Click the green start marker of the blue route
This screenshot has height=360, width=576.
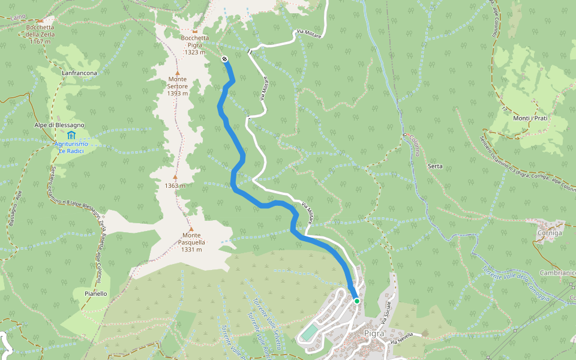point(356,301)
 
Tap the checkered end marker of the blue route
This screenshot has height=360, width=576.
point(224,59)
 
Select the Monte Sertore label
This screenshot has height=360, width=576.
point(178,86)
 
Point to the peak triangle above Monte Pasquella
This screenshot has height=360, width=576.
point(191,229)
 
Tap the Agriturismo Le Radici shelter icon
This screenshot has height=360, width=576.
point(71,134)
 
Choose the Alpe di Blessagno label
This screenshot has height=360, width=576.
point(59,125)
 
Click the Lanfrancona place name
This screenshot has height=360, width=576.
point(79,73)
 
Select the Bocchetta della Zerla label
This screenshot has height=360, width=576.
point(40,34)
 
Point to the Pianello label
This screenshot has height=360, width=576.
point(96,293)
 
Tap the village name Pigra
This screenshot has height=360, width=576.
point(374,333)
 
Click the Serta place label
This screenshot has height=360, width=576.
point(435,166)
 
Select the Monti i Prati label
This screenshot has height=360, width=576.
point(530,118)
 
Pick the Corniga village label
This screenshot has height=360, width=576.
point(551,232)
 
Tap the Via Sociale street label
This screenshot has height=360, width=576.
point(390,311)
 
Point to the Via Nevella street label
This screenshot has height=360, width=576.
point(402,338)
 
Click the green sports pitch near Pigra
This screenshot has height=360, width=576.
point(308,332)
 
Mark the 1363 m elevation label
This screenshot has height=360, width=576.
point(175,185)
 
